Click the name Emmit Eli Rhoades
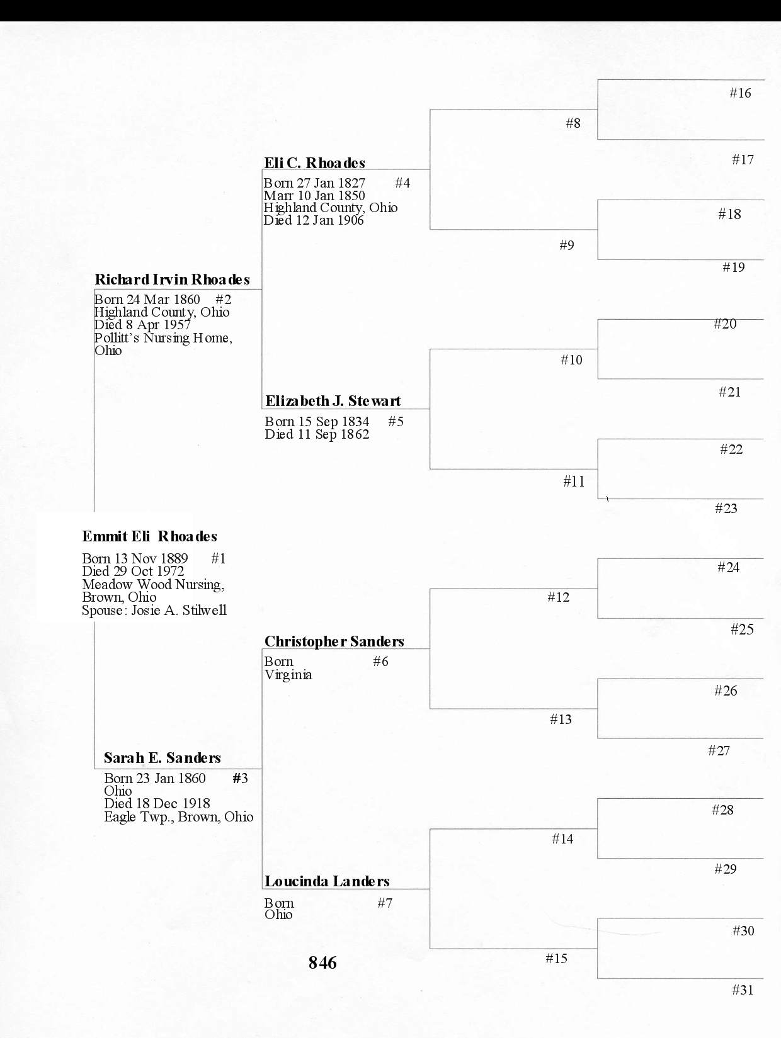click(x=149, y=536)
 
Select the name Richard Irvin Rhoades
click(x=172, y=279)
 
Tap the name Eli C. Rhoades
click(x=314, y=163)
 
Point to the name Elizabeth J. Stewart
click(x=333, y=401)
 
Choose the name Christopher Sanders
click(x=334, y=641)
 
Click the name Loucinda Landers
click(x=327, y=881)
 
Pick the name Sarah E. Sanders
click(x=162, y=758)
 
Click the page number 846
click(x=322, y=962)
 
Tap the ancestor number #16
click(x=740, y=93)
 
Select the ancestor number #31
click(x=743, y=990)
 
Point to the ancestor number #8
click(x=573, y=123)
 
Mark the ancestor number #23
click(x=726, y=509)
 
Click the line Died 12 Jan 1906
click(x=313, y=220)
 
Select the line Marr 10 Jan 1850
click(x=314, y=196)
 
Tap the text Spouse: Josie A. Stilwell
click(x=154, y=611)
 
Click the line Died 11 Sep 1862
click(x=317, y=434)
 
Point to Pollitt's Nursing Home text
click(x=162, y=338)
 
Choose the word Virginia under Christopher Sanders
click(x=288, y=675)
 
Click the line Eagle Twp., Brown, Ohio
click(x=178, y=817)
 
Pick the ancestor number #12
click(x=558, y=597)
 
